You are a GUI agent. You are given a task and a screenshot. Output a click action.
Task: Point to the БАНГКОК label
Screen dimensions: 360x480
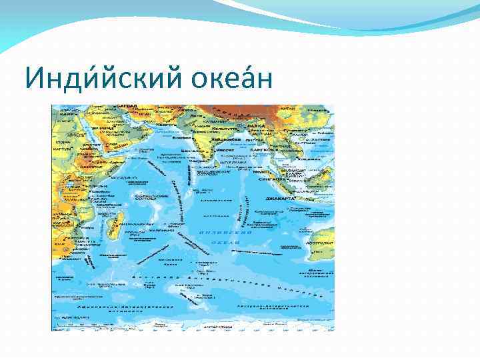click(259, 151)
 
